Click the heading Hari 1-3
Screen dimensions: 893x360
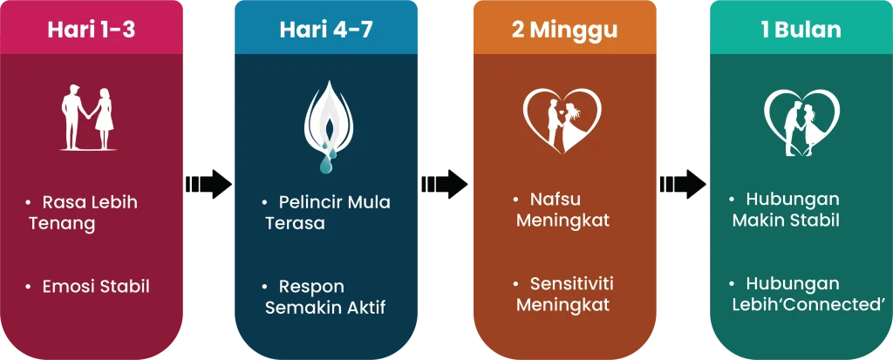coord(91,30)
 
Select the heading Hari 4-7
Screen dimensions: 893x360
coord(326,30)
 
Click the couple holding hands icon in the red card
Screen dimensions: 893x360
coord(88,118)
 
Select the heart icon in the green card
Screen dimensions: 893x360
coord(802,122)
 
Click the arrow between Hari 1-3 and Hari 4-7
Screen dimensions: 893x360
coord(209,184)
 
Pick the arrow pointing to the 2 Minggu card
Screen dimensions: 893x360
coord(445,184)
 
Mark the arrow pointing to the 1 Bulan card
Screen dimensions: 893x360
coord(683,184)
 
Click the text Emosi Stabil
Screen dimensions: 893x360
coord(96,287)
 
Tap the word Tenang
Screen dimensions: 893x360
coord(62,224)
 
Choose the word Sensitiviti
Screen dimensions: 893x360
coord(572,283)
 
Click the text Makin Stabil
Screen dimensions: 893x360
coord(786,221)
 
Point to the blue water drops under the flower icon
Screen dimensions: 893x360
coord(328,160)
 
